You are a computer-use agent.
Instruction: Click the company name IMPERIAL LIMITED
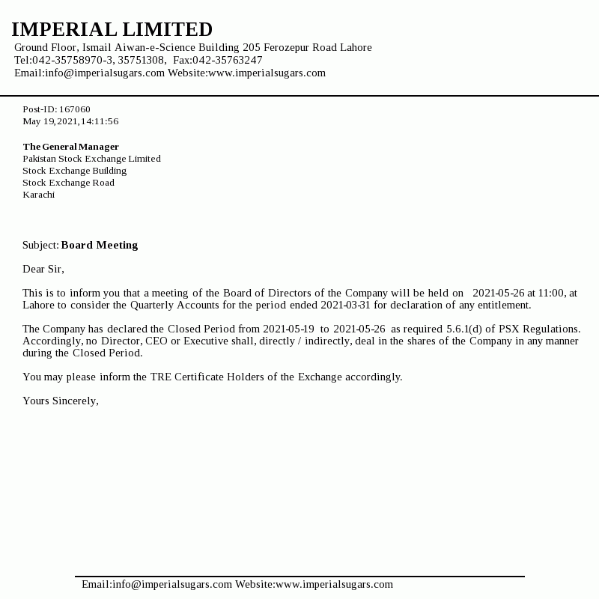(x=112, y=30)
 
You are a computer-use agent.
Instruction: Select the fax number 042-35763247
(x=228, y=61)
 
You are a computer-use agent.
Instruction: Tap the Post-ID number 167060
(x=75, y=109)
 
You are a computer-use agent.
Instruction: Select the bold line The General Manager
(x=70, y=147)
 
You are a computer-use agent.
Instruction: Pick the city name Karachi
(x=38, y=195)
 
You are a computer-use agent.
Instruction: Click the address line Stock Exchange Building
(x=74, y=171)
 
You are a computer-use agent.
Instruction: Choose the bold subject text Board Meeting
(x=100, y=245)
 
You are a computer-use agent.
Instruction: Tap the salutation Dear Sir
(x=43, y=269)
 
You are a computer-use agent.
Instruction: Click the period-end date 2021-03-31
(x=346, y=305)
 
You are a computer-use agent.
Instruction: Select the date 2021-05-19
(x=288, y=329)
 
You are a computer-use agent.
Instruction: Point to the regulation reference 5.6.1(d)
(x=464, y=329)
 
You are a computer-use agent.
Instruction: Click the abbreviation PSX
(x=509, y=329)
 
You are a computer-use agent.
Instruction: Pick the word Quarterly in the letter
(x=153, y=305)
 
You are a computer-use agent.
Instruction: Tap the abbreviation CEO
(x=156, y=341)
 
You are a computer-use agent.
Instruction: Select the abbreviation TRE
(x=160, y=377)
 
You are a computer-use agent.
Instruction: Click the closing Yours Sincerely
(x=61, y=401)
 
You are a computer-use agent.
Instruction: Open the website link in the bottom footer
(x=334, y=585)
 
